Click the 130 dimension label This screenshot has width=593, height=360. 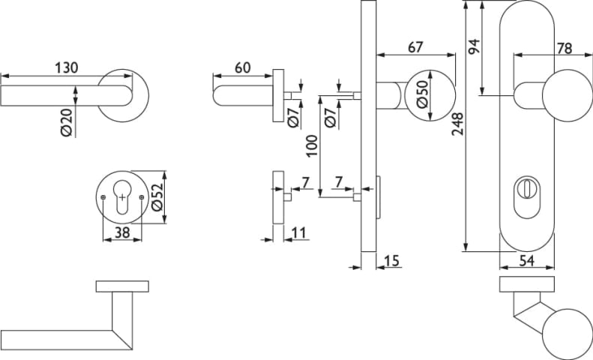click(x=67, y=67)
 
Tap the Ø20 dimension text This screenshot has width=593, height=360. click(x=67, y=122)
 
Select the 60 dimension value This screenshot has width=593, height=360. click(x=242, y=67)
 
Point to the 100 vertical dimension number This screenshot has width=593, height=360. click(x=312, y=146)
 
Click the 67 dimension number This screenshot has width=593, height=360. click(x=415, y=47)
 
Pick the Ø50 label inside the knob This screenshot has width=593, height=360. click(x=423, y=94)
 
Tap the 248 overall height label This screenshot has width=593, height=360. click(x=457, y=124)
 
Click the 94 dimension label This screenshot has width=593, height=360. click(x=474, y=46)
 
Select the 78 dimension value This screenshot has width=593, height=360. click(x=565, y=49)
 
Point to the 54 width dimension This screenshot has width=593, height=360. click(x=527, y=260)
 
